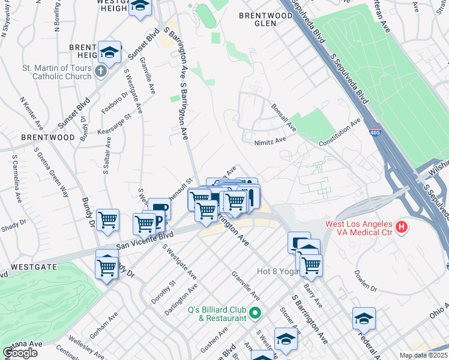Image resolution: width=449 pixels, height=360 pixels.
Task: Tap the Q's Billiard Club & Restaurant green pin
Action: [x=255, y=313]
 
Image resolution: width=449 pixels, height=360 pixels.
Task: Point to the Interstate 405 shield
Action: [x=376, y=131]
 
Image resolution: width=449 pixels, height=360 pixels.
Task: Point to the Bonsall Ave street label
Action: [x=284, y=117]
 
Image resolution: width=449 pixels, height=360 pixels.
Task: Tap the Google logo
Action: [x=20, y=353]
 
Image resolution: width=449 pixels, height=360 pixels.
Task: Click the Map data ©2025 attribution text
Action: [x=424, y=355]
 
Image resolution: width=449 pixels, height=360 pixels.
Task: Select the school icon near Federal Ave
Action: [x=364, y=320]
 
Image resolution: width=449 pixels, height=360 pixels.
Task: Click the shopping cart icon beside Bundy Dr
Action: [x=107, y=220]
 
